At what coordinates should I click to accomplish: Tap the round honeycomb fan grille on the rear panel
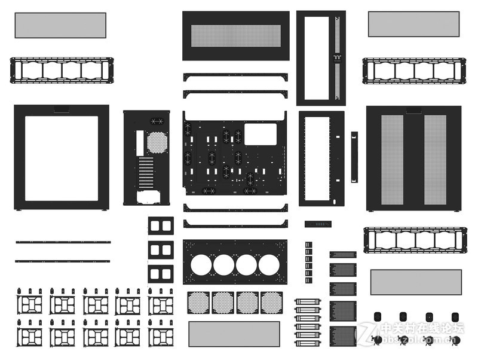pyautogui.click(x=157, y=142)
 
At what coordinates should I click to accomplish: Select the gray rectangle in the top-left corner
pyautogui.click(x=60, y=25)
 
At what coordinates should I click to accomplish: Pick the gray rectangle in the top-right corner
pyautogui.click(x=413, y=24)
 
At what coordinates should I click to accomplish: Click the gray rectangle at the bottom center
pyautogui.click(x=234, y=334)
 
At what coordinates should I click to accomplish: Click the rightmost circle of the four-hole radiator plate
pyautogui.click(x=269, y=264)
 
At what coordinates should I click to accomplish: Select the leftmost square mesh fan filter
pyautogui.click(x=198, y=303)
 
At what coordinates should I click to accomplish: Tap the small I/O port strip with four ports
pyautogui.click(x=317, y=224)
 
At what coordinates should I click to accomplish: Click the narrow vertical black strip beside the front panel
pyautogui.click(x=354, y=157)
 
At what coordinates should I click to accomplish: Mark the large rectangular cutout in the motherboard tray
pyautogui.click(x=260, y=134)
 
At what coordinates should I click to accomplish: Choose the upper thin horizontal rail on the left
pyautogui.click(x=63, y=242)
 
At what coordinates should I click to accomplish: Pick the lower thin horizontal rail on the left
pyautogui.click(x=63, y=261)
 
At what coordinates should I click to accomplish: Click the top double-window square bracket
pyautogui.click(x=161, y=225)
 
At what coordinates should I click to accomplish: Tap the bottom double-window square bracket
pyautogui.click(x=161, y=274)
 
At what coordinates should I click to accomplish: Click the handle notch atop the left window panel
pyautogui.click(x=62, y=109)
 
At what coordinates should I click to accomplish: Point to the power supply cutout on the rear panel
pyautogui.click(x=149, y=196)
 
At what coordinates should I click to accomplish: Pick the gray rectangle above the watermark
pyautogui.click(x=416, y=282)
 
